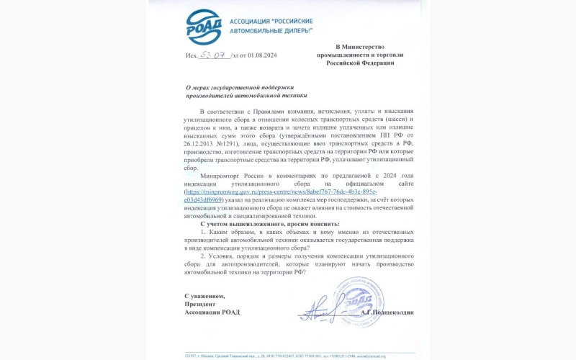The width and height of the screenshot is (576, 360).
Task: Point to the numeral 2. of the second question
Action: [x=203, y=256]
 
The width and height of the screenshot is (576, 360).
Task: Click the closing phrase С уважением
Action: [x=204, y=296]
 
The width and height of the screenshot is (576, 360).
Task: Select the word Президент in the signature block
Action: [x=200, y=304]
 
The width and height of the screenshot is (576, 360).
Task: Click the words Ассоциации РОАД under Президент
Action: [x=212, y=312]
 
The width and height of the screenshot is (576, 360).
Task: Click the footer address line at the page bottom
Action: [x=288, y=355]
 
